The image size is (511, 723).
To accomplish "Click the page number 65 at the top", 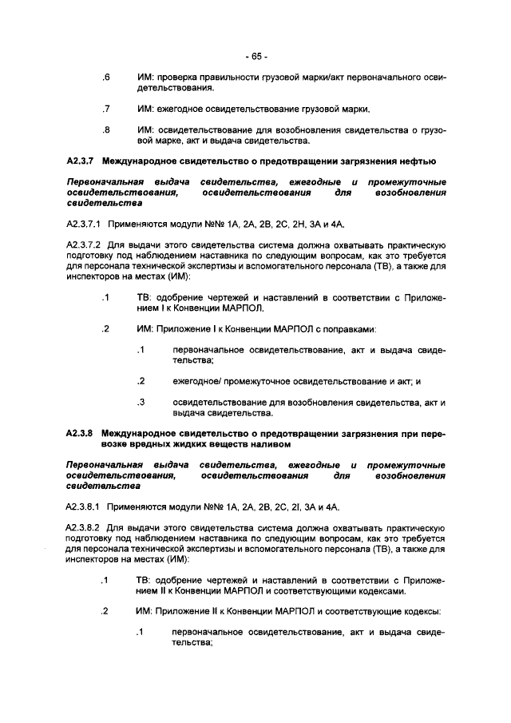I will tap(256, 57).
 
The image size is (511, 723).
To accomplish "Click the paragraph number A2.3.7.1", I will tap(85, 224).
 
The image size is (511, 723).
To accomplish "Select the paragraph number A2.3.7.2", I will tap(85, 246).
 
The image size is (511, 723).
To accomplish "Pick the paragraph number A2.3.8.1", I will tap(85, 506).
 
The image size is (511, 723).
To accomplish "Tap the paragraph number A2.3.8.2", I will tap(85, 528).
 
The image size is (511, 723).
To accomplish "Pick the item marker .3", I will tap(140, 402).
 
